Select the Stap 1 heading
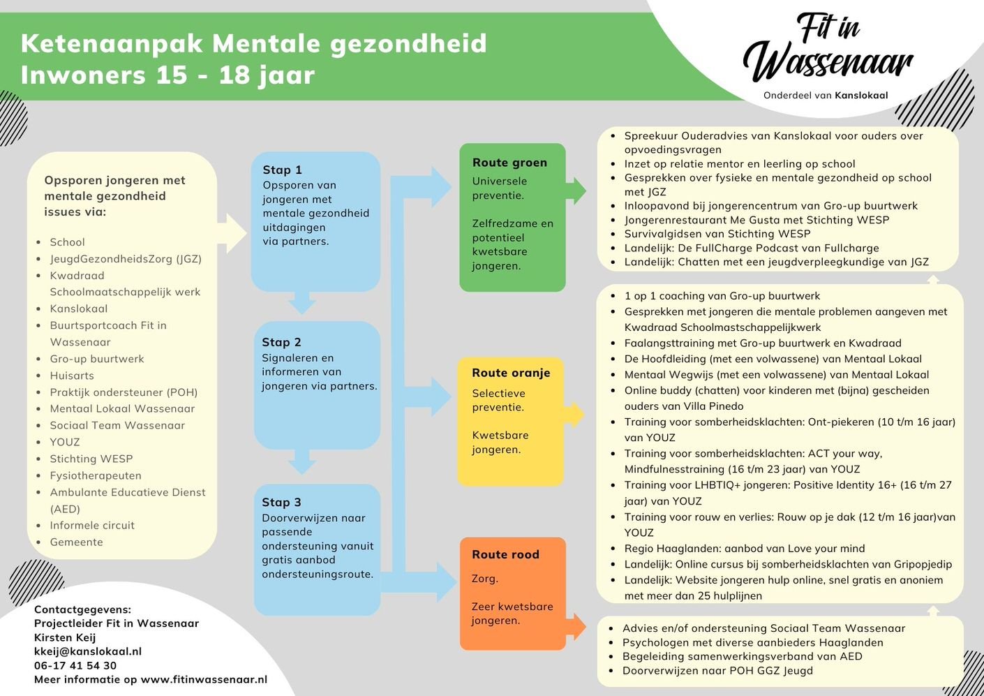point(282,170)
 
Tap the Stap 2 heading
point(281,342)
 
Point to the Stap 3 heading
point(281,502)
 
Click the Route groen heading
point(509,163)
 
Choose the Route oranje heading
point(511,373)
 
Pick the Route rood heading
point(505,554)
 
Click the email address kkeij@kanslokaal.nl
point(88,651)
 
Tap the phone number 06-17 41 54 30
point(75,665)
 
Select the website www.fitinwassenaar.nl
point(204,679)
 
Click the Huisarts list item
point(71,376)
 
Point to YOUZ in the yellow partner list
point(65,442)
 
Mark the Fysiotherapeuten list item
point(96,475)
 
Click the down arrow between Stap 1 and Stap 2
point(301,303)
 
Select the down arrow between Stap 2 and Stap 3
point(301,461)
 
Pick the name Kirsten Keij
point(65,637)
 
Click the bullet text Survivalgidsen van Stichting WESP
point(717,234)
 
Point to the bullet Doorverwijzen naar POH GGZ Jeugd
point(717,671)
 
